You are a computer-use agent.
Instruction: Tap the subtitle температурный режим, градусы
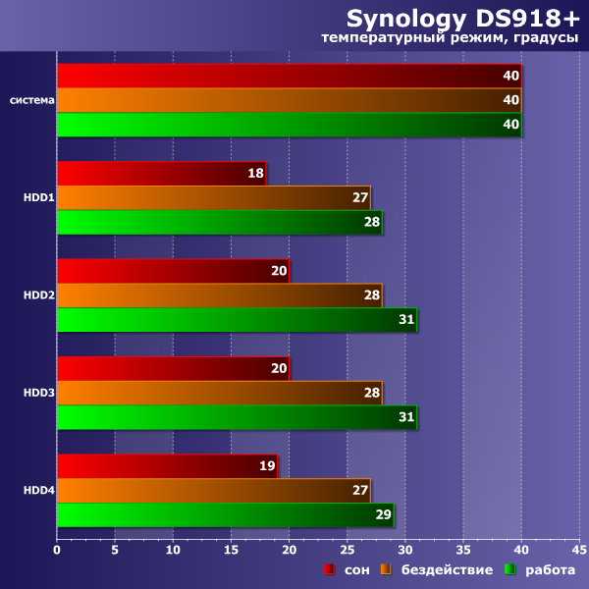[x=451, y=38]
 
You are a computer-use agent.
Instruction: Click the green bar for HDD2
[x=237, y=320]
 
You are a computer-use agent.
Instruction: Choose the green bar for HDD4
[x=225, y=515]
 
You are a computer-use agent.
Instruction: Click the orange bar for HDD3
[x=219, y=394]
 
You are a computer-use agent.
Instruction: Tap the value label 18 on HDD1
[x=255, y=174]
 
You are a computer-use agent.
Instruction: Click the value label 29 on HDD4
[x=383, y=515]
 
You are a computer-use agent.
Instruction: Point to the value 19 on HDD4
[x=267, y=466]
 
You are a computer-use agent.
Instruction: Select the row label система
[x=32, y=100]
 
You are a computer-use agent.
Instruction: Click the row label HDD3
[x=39, y=394]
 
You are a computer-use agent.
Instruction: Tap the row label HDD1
[x=39, y=198]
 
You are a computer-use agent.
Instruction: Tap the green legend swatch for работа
[x=510, y=570]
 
